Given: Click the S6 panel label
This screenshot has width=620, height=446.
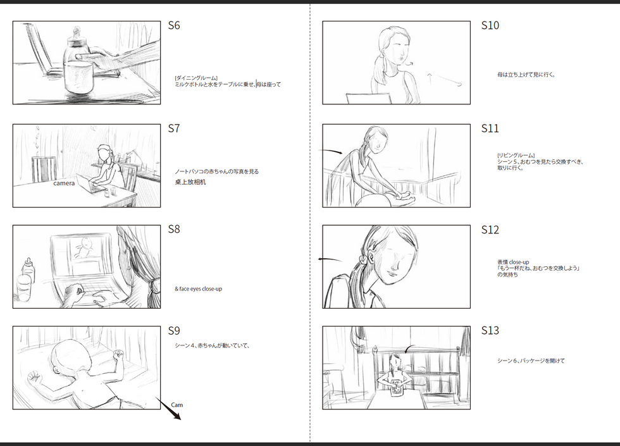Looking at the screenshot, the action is [x=174, y=25].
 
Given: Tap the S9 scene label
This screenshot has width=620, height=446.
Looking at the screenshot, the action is [x=174, y=330].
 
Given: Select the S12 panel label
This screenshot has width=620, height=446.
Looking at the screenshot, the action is [x=490, y=230].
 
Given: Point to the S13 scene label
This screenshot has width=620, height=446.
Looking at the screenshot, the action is [x=490, y=330].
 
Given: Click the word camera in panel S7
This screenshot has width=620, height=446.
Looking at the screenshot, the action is [x=64, y=183].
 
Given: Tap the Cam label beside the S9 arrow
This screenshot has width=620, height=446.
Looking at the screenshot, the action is [x=177, y=405].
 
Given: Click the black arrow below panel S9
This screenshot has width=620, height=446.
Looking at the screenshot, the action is [x=169, y=409].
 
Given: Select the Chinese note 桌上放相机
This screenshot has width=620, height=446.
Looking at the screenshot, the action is [x=190, y=182].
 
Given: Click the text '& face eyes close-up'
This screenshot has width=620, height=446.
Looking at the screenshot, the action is [x=199, y=289].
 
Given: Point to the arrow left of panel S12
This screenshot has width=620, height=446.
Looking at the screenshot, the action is [x=330, y=259].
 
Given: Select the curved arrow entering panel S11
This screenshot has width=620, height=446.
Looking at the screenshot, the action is [x=330, y=151].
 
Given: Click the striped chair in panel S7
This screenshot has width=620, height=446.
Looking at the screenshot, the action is [x=44, y=170].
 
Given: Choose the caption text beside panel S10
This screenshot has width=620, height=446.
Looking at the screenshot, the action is [x=526, y=75].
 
